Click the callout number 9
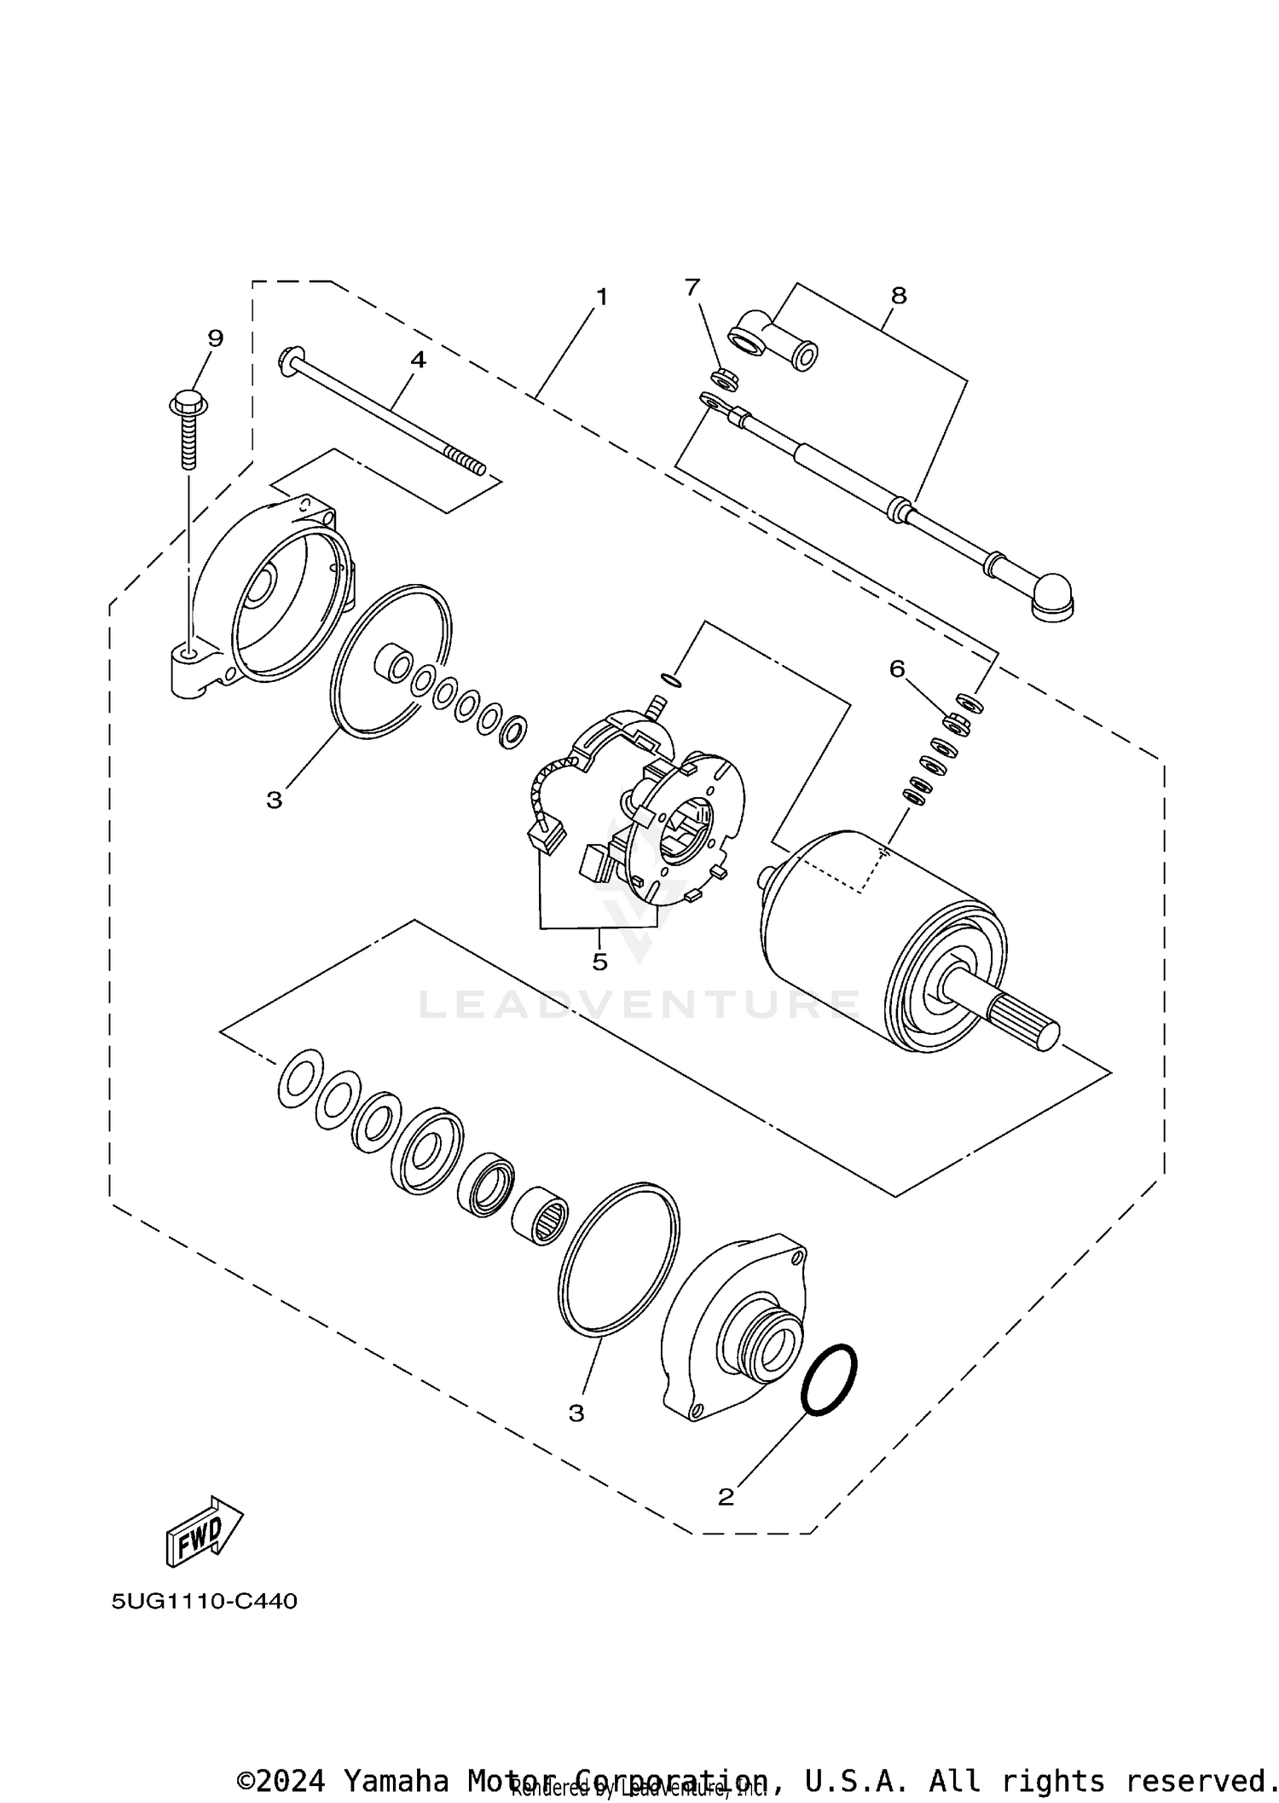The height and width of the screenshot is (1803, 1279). (x=215, y=338)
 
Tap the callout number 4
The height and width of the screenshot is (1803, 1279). (x=418, y=360)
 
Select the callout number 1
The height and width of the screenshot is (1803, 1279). (x=602, y=298)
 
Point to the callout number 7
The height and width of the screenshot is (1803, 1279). (x=692, y=287)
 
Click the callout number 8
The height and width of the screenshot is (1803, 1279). (x=898, y=296)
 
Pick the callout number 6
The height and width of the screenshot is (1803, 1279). (x=897, y=669)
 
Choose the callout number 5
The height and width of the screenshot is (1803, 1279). (x=599, y=962)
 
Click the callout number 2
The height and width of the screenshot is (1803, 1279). (x=726, y=1496)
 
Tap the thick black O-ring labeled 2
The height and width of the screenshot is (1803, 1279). (x=829, y=1381)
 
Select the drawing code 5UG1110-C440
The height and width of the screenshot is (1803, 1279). (x=205, y=1601)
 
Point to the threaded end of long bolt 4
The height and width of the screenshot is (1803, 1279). (x=467, y=463)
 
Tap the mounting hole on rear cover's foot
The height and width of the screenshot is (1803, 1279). (x=189, y=654)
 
